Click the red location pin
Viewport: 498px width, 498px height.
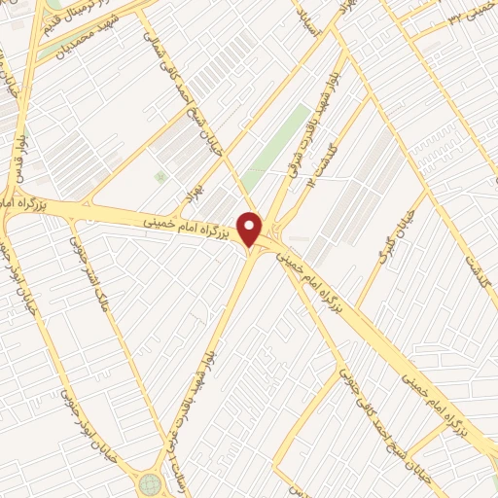coord(250,229)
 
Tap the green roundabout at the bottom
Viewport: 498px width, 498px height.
coord(150,483)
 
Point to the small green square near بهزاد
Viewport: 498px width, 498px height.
coord(160,176)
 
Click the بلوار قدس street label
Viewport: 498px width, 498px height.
coord(18,155)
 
